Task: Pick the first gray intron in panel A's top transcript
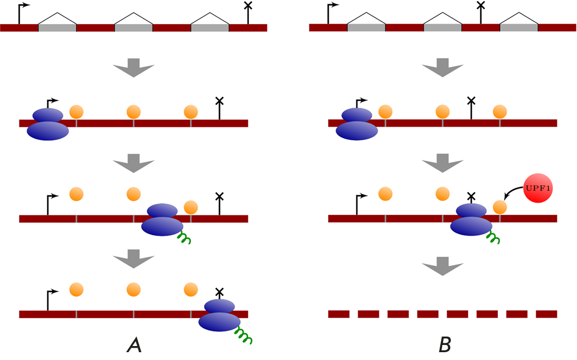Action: coord(57,27)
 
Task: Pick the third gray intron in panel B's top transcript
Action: coord(519,27)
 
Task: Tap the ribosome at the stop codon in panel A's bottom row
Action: coord(220,316)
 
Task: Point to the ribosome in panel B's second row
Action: coord(357,123)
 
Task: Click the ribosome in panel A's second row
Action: coord(48,123)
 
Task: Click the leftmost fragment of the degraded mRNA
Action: coord(338,314)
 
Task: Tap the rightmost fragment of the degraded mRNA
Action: coord(546,314)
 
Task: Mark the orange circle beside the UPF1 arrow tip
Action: coord(500,207)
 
